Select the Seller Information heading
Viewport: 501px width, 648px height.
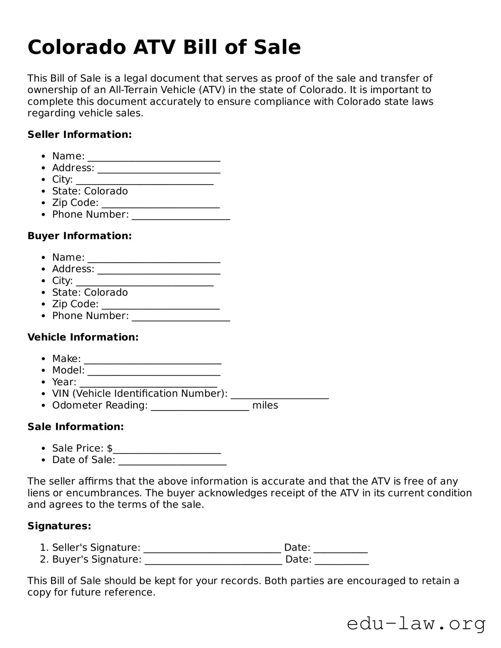point(80,135)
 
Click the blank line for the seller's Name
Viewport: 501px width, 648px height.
point(154,158)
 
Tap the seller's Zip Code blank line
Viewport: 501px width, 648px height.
point(161,205)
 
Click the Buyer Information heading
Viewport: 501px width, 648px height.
point(80,236)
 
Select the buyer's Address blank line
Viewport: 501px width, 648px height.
point(159,271)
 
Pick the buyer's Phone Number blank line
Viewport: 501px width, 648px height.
point(181,318)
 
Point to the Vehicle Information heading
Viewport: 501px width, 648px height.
point(83,337)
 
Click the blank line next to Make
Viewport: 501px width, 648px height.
point(152,361)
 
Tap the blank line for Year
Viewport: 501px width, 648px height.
point(148,384)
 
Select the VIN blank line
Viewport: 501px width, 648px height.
point(280,396)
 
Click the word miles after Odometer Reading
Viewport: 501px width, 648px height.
point(265,405)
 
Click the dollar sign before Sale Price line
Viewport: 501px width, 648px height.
point(110,449)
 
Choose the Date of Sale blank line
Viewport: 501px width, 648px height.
point(172,462)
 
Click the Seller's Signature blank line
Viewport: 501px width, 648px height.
point(212,550)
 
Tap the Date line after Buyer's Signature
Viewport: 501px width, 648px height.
point(341,561)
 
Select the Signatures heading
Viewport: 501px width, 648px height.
point(59,526)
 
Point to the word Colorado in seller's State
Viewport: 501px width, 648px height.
point(106,191)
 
